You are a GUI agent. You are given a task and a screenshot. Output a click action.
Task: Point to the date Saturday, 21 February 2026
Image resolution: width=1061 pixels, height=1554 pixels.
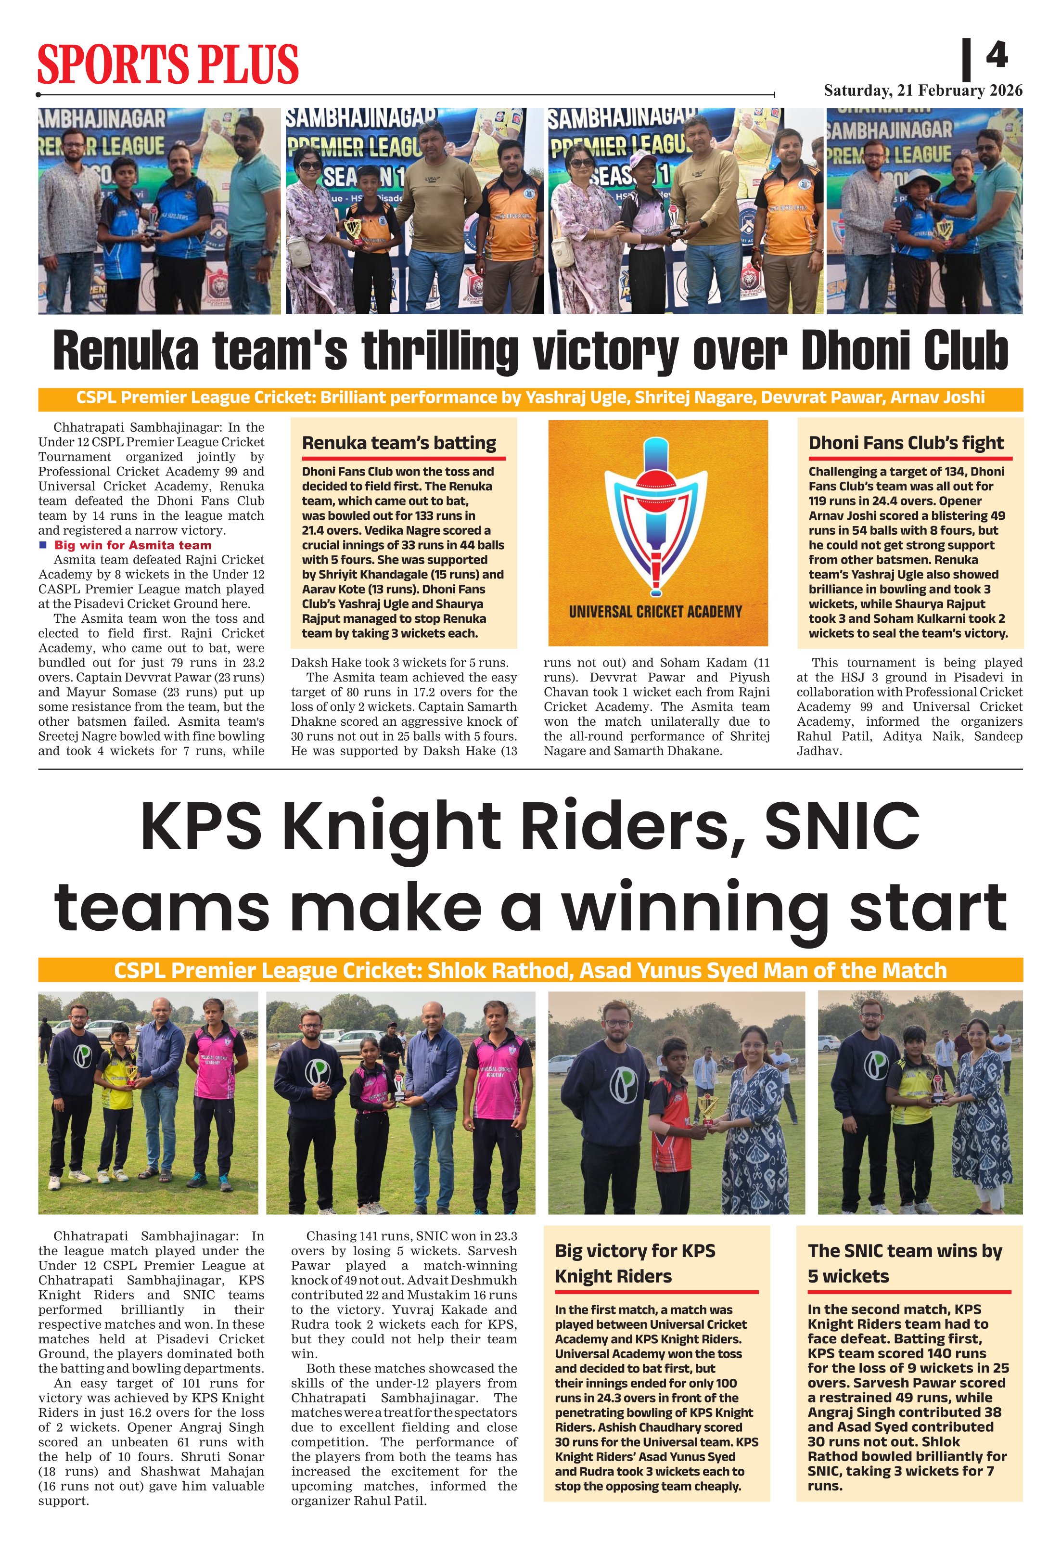922,90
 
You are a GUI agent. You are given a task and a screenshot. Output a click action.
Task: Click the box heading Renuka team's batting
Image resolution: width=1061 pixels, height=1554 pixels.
399,443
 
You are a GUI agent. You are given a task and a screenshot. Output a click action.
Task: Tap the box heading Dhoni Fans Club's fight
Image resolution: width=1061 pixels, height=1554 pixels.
906,443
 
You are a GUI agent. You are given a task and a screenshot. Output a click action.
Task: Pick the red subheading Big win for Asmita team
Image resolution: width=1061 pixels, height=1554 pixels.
132,544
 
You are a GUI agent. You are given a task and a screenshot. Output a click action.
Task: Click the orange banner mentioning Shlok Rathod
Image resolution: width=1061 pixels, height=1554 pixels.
530,970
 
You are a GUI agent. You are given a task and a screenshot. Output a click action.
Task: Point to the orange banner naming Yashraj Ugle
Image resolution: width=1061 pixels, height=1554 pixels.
530,398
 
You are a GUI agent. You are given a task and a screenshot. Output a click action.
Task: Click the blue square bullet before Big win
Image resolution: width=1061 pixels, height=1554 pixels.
43,544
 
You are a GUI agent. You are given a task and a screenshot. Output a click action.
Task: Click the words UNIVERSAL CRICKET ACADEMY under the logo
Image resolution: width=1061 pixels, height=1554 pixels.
655,611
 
